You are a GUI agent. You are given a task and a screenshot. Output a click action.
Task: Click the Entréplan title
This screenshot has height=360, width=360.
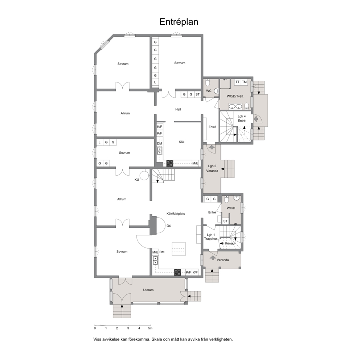[x=179, y=22]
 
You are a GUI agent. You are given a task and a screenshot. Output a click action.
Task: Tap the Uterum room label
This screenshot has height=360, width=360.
[x=148, y=290]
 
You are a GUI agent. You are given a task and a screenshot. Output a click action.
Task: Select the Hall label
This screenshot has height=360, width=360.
[x=178, y=109]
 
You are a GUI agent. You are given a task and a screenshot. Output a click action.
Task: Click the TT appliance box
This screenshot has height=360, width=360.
[x=238, y=82]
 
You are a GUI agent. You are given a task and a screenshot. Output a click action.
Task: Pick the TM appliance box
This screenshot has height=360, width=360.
[x=244, y=82]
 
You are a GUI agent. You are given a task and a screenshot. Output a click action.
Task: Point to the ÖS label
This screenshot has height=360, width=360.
[x=169, y=226]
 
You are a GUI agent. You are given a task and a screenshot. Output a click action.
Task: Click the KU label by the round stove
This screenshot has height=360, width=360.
[x=137, y=180]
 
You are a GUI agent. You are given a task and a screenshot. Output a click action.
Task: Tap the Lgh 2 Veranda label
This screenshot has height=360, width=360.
[x=212, y=168]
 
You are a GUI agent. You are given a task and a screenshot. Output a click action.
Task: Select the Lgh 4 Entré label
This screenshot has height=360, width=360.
[x=242, y=118]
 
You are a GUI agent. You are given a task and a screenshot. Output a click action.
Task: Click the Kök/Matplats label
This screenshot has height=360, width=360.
[x=176, y=213]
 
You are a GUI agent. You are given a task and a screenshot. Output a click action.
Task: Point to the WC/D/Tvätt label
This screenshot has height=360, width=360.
[x=235, y=96]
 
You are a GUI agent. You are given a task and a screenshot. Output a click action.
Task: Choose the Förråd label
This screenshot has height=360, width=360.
[x=230, y=244]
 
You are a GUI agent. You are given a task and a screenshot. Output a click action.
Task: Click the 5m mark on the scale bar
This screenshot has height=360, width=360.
[x=150, y=328]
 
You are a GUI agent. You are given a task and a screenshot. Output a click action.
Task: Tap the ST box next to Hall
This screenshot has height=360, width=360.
[x=197, y=94]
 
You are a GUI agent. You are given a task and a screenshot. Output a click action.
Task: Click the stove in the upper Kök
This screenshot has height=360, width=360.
[x=170, y=163]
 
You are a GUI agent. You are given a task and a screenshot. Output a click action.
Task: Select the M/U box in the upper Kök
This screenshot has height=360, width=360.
[x=195, y=163]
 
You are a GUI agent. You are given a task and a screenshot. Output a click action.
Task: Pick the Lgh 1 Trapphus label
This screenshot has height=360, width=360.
[x=211, y=237]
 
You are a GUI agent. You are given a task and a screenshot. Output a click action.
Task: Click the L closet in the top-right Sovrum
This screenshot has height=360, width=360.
[x=155, y=82]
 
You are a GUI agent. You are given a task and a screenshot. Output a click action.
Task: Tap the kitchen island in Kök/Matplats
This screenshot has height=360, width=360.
[x=179, y=249]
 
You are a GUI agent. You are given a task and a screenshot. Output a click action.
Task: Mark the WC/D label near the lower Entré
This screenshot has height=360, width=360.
[x=231, y=208]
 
